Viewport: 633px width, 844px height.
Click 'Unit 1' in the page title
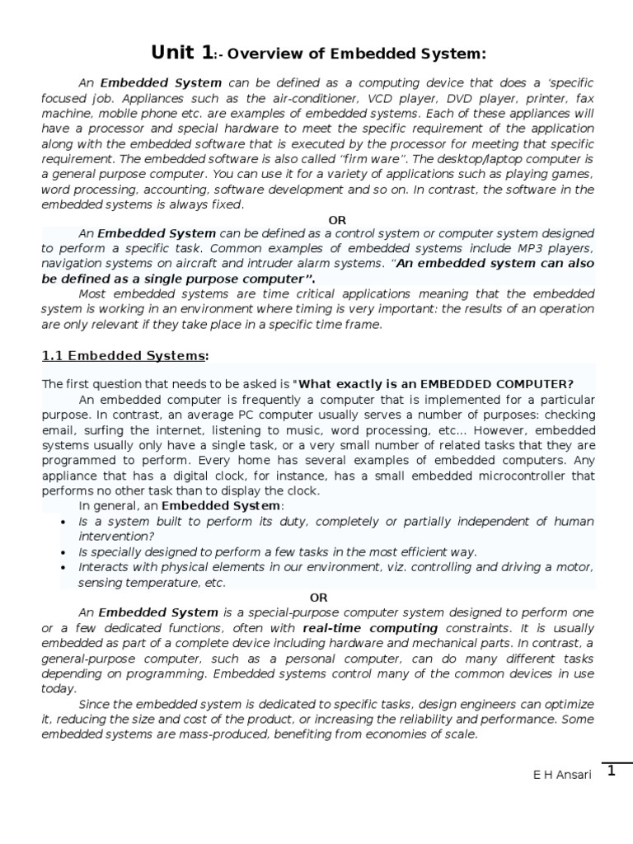181,54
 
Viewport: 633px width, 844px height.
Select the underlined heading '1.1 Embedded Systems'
123,356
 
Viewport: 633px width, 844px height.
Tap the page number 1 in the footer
612,771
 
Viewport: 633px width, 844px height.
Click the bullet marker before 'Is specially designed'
65,552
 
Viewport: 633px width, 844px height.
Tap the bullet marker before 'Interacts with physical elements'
65,568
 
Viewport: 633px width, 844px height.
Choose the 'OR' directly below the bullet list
318,598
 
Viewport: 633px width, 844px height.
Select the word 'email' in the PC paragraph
57,431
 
